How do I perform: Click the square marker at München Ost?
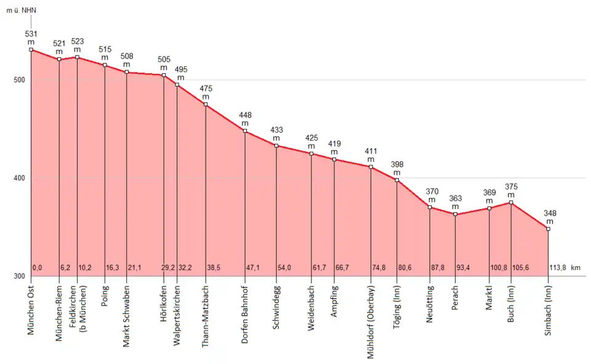point(31,50)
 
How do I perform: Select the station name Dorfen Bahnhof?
point(245,314)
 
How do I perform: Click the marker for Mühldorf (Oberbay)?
point(371,167)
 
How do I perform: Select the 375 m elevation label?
point(512,191)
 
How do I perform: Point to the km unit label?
point(576,268)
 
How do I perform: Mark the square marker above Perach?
point(455,214)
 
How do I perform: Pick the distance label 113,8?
point(557,268)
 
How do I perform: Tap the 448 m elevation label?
point(246,119)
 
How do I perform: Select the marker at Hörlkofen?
point(164,75)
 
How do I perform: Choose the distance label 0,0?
point(37,268)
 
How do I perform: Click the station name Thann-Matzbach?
point(206,316)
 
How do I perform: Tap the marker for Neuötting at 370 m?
point(430,207)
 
